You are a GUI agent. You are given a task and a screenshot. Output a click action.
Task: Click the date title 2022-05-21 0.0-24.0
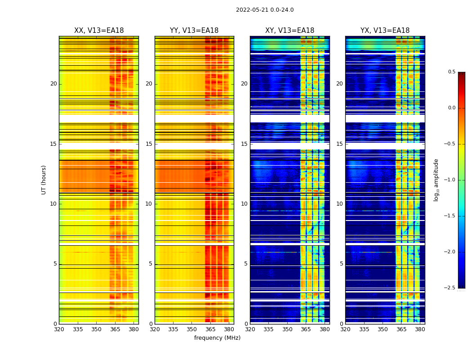tap(265, 10)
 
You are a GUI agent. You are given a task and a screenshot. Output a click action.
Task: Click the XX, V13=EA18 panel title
tap(99, 31)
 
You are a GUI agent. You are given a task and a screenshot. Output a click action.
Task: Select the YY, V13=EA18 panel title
tap(194, 31)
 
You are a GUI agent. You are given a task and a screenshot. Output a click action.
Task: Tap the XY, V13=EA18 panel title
tap(289, 31)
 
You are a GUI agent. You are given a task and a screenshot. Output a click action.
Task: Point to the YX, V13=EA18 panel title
tap(385, 31)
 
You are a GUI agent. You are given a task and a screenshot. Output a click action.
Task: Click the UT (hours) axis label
tap(44, 180)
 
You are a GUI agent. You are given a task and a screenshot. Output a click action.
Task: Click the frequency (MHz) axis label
tap(217, 338)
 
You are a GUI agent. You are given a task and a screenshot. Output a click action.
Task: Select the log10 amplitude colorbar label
tap(436, 180)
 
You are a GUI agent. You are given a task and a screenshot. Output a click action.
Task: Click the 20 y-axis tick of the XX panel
tap(53, 84)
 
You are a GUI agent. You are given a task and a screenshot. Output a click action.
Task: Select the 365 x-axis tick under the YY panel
tap(210, 329)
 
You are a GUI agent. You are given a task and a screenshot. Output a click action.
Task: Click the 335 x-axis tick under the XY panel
tap(268, 329)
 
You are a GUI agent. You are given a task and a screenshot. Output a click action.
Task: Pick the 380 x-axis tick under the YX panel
tap(420, 329)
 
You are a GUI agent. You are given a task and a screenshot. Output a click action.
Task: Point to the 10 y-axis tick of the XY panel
tap(244, 204)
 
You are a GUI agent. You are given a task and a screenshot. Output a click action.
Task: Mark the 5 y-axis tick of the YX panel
tap(341, 264)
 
